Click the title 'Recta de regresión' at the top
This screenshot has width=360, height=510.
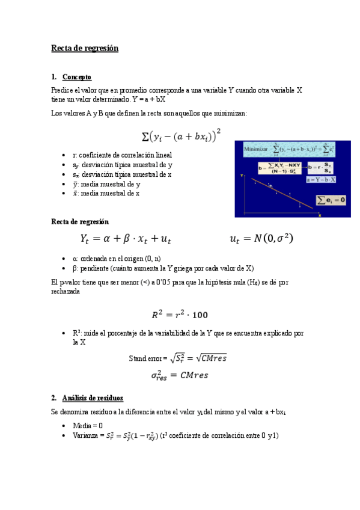[85, 48]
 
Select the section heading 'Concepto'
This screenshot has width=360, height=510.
[76, 77]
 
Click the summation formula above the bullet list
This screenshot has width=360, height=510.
[180, 137]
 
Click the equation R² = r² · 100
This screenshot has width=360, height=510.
[180, 314]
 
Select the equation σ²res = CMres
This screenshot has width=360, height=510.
[180, 375]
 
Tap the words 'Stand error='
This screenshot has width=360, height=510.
[148, 358]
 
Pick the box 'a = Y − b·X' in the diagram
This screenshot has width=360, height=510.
[322, 179]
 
